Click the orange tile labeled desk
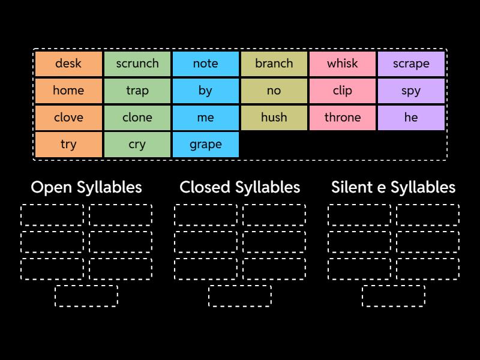[x=68, y=64]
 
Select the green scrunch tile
[x=137, y=64]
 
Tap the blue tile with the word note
[x=206, y=64]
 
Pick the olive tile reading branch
[x=274, y=64]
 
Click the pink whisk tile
[x=343, y=64]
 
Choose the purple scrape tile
[x=411, y=64]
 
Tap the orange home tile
[x=68, y=91]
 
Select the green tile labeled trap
[x=137, y=91]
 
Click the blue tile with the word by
[x=206, y=91]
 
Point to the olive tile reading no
[x=274, y=91]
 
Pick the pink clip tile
[x=343, y=91]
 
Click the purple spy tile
[x=411, y=91]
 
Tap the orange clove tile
[x=68, y=118]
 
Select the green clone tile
[x=137, y=118]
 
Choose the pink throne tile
[x=343, y=118]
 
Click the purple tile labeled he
[x=411, y=118]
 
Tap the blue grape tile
[x=206, y=145]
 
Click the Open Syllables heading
[x=86, y=187]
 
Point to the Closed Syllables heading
[x=240, y=187]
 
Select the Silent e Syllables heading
[x=393, y=187]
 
